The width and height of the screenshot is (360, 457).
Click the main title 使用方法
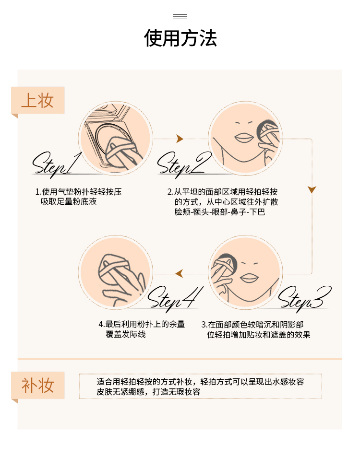[x=180, y=38]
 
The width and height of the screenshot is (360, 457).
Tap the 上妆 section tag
[x=37, y=100]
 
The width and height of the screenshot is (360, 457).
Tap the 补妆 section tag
[x=37, y=385]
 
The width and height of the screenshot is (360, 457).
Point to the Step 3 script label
[x=305, y=299]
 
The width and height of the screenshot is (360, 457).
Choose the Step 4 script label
[x=175, y=299]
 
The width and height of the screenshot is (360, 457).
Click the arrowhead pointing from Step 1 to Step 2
[x=180, y=139]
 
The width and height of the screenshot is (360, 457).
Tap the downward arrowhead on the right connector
[x=312, y=189]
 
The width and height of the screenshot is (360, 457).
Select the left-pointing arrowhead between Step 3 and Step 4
[x=179, y=274]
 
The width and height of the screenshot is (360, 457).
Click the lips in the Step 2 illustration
[x=244, y=138]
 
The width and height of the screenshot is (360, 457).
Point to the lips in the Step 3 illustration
[x=249, y=278]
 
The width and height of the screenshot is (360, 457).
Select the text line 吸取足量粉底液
[x=69, y=201]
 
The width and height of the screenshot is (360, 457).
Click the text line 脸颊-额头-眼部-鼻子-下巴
[x=220, y=211]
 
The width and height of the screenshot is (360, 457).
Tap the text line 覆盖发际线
[x=125, y=334]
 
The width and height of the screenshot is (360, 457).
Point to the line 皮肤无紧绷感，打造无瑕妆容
[x=148, y=392]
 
